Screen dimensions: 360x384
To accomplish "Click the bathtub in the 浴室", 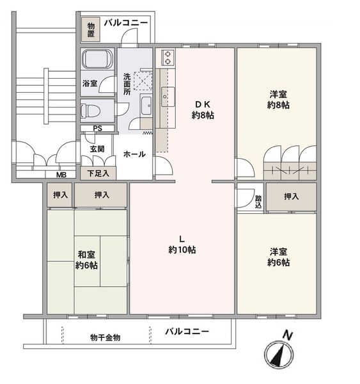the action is tap(97, 59).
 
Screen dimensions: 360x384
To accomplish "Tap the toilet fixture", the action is tap(90, 111).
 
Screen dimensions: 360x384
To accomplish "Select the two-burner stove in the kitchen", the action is tap(168, 57).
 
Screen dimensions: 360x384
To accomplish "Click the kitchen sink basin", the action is tap(168, 97).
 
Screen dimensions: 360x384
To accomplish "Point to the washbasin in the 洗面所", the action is tap(146, 106).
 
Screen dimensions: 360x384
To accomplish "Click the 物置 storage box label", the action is tap(91, 29).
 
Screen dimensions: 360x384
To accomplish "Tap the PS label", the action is tap(97, 129).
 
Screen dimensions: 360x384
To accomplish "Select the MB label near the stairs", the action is tap(61, 175).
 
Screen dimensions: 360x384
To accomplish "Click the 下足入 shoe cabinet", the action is tap(98, 173).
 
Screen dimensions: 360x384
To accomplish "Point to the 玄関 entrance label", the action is tap(97, 149).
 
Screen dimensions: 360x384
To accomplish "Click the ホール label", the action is tap(134, 154).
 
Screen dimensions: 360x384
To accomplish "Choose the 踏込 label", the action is tap(258, 202).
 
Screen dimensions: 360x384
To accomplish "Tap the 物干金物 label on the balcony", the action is tap(106, 337).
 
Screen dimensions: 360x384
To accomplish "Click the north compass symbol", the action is tap(279, 355).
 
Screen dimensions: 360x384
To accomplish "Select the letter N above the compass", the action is tap(288, 335).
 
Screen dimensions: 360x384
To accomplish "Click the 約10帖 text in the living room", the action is tap(182, 250).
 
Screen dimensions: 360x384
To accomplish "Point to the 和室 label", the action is tap(86, 255).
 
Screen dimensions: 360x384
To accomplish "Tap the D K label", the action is tap(203, 104).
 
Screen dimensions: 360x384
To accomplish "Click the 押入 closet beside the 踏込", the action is tap(291, 196).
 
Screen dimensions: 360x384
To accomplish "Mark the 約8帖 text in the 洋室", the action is tap(278, 105).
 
